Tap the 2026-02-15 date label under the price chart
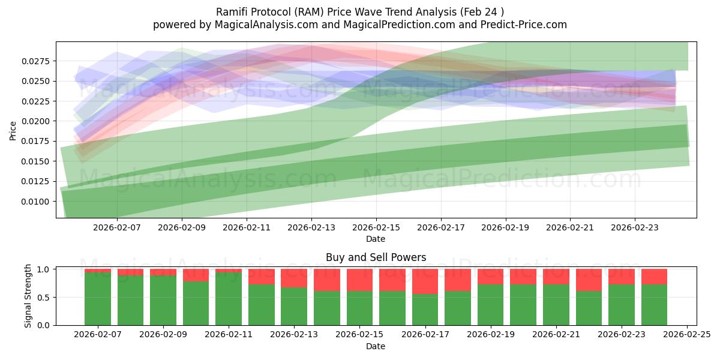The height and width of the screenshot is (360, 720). (x=376, y=227)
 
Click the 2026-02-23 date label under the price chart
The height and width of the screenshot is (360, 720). (x=635, y=227)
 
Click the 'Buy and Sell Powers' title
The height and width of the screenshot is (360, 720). (x=376, y=257)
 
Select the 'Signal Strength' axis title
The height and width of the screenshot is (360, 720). (x=28, y=295)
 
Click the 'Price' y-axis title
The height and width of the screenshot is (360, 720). (x=13, y=130)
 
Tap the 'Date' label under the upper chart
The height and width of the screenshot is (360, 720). (x=376, y=239)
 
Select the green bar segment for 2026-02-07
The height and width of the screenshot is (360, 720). (x=98, y=299)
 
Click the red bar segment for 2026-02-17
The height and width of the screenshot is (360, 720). (x=425, y=281)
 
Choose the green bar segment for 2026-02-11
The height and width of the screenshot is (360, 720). (x=229, y=299)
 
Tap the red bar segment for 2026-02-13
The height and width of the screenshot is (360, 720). (x=294, y=278)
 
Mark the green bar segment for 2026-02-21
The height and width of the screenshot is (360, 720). (x=556, y=305)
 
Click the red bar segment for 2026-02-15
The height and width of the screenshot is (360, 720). (x=359, y=280)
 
